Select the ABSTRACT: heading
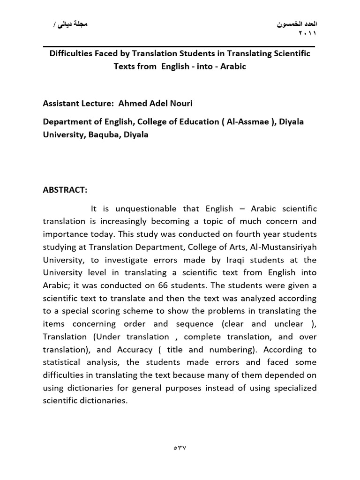pos(65,191)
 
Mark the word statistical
pos(61,362)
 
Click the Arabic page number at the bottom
pos(180,448)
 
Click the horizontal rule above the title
pos(180,46)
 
